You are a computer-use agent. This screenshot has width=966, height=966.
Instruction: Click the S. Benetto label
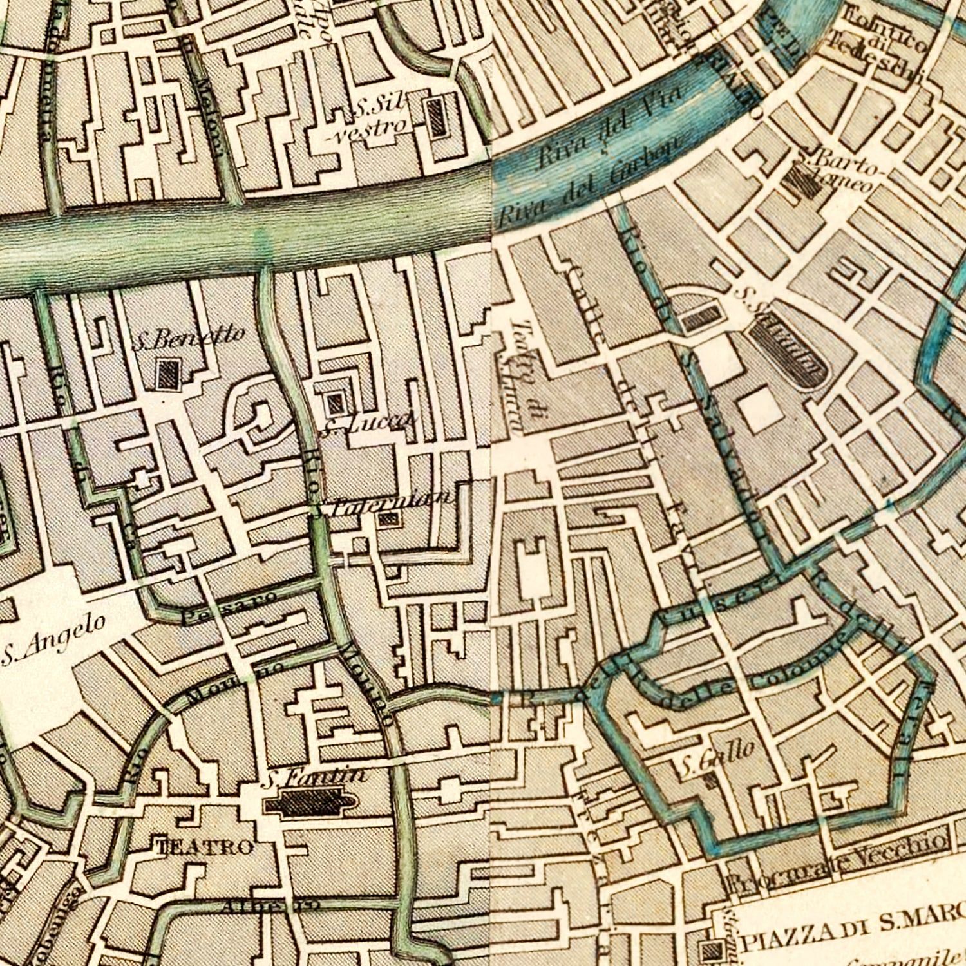tap(189, 337)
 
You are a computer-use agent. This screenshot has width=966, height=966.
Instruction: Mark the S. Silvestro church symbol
tap(437, 116)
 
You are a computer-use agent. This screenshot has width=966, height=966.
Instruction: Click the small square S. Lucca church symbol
tap(334, 404)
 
